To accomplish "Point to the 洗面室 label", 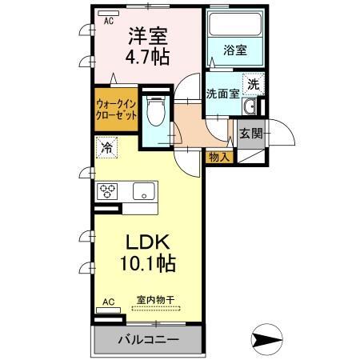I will (x=222, y=94).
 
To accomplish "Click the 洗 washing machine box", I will (x=252, y=83).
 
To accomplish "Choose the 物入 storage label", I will (x=218, y=157).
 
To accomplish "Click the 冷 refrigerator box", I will (x=106, y=148).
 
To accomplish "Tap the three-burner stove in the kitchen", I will (x=108, y=192).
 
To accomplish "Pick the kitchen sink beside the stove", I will (x=143, y=192).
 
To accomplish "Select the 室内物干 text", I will (x=155, y=301).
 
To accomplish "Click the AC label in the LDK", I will (x=109, y=302).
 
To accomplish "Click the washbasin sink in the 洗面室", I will (x=250, y=108).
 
